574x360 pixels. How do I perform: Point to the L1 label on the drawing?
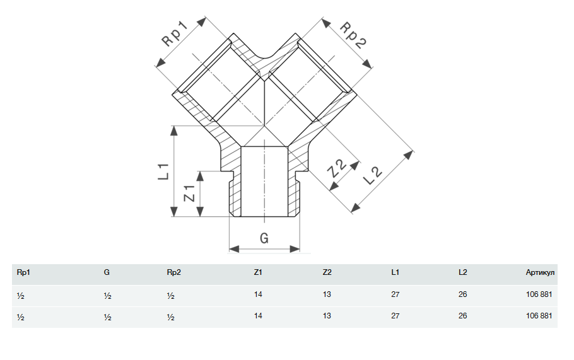pos(163,170)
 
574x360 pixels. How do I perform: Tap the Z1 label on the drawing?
pos(188,194)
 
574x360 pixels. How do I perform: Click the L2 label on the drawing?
pos(373,175)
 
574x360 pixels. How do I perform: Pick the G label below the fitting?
pos(264,238)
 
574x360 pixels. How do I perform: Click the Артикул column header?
pos(540,273)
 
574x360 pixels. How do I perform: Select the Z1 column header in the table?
pos(257,273)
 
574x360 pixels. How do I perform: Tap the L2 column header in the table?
pos(463,273)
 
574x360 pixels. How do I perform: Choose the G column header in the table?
pos(107,273)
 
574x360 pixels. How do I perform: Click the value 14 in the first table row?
pos(257,295)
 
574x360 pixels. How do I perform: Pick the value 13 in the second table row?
pos(327,316)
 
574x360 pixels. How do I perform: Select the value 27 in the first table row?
pos(395,295)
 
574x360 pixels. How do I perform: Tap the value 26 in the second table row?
pos(463,316)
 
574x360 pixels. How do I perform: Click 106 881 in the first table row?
pos(541,295)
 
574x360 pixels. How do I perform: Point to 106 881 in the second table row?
pos(541,316)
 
